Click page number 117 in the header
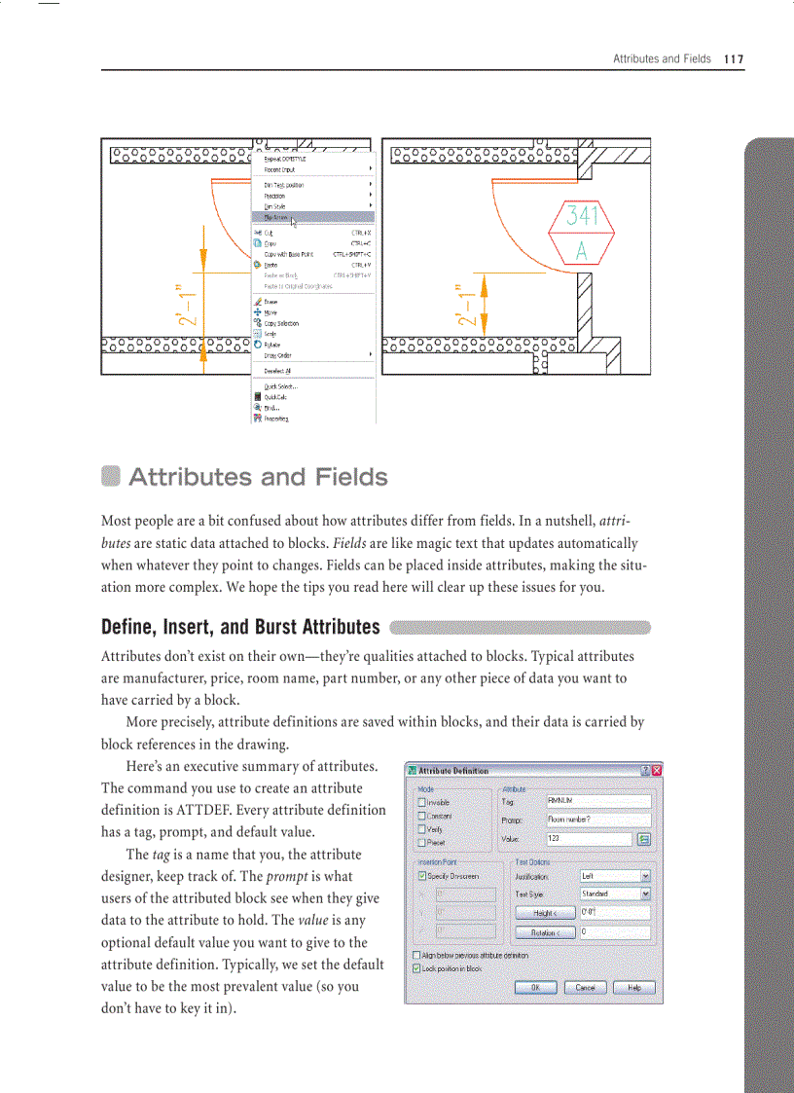(x=733, y=59)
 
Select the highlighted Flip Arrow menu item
(x=275, y=217)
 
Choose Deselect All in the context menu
(x=277, y=371)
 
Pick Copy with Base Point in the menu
(x=289, y=254)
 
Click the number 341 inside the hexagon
(x=582, y=216)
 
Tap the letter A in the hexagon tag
(x=582, y=251)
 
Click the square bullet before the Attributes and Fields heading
(x=110, y=477)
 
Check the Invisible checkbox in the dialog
(x=422, y=803)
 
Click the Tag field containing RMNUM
(x=597, y=802)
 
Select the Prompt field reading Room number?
(x=597, y=820)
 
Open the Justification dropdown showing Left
(x=615, y=876)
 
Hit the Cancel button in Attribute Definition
(x=585, y=987)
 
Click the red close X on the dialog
(x=656, y=771)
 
